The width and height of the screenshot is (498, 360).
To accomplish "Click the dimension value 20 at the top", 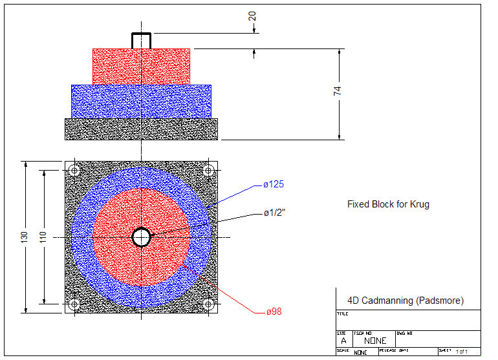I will (x=254, y=15).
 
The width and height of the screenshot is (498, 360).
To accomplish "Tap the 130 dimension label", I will (x=25, y=237).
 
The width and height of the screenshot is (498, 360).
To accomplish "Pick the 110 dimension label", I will (x=42, y=237).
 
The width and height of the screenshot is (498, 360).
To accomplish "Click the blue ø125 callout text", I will (x=274, y=185).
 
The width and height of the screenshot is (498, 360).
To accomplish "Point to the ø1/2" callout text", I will (x=276, y=213).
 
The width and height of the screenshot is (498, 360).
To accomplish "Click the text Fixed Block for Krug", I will (x=388, y=204).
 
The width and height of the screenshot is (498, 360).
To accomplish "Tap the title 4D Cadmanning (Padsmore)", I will (x=405, y=301).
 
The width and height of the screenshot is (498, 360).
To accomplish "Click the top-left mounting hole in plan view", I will (x=74, y=171).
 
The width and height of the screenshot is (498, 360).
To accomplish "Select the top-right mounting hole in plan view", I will (x=208, y=171).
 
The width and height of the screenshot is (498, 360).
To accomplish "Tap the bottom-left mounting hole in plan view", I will (x=74, y=304).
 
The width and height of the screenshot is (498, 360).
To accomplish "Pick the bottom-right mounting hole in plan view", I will (x=208, y=304).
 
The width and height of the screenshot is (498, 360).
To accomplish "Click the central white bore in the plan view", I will (x=141, y=237).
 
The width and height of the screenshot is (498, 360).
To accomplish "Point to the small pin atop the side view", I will (x=141, y=40).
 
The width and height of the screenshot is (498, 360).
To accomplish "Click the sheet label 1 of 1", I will (x=461, y=351).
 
